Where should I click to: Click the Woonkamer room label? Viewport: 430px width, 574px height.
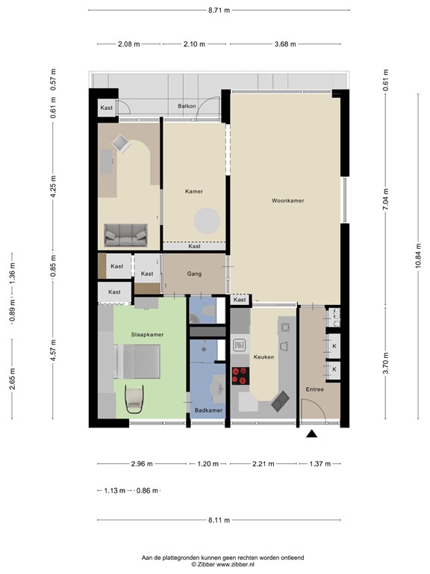pyautogui.click(x=288, y=201)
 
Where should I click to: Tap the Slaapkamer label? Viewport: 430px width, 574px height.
pyautogui.click(x=147, y=334)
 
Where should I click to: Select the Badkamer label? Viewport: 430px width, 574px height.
pyautogui.click(x=208, y=410)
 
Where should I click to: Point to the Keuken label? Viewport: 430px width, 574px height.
pyautogui.click(x=264, y=357)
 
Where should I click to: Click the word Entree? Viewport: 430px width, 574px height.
pyautogui.click(x=315, y=389)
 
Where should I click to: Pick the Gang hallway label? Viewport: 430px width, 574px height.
pyautogui.click(x=194, y=274)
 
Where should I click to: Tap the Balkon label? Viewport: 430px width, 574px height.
pyautogui.click(x=187, y=107)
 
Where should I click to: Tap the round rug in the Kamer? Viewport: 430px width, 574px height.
pyautogui.click(x=207, y=220)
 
